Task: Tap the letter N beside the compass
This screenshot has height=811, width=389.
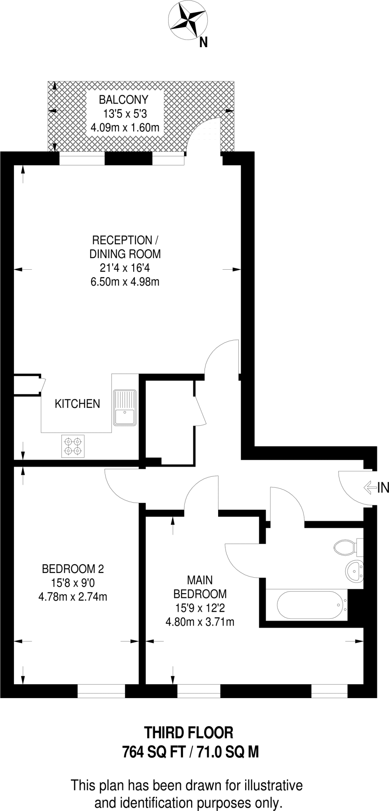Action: coord(203,42)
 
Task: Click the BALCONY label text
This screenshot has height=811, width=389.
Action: coord(124,99)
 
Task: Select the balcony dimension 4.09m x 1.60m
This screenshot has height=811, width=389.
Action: coord(125,128)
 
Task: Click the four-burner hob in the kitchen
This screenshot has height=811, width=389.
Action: coord(73,446)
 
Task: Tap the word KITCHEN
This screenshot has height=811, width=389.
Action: coord(77,404)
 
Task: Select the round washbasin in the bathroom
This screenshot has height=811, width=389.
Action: coord(354,571)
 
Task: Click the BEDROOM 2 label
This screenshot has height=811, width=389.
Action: coord(73,569)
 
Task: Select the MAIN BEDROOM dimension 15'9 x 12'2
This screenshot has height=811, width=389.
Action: coord(200,608)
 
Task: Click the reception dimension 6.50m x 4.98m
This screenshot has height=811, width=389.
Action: coord(125,282)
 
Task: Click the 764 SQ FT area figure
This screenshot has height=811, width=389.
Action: coord(154,751)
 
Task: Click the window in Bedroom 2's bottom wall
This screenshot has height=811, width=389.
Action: coord(101,691)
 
